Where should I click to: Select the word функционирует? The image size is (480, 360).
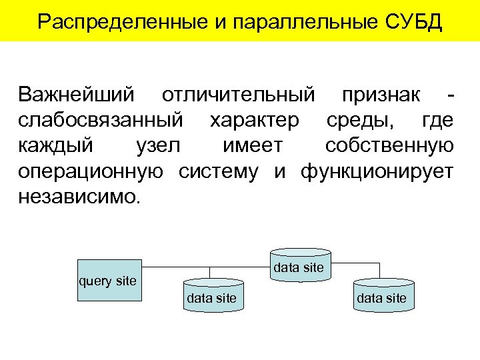pos(377,171)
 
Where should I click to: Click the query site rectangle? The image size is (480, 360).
pos(109,281)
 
